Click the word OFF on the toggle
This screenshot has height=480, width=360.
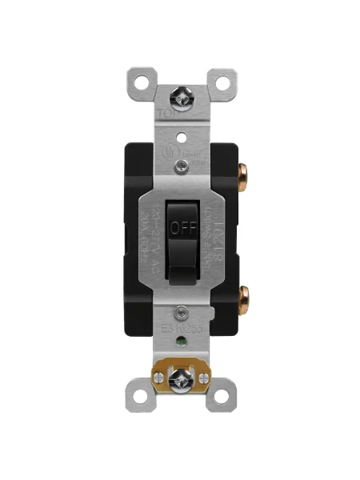pyautogui.click(x=182, y=226)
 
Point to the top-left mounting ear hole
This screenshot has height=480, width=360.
pyautogui.click(x=142, y=81)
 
